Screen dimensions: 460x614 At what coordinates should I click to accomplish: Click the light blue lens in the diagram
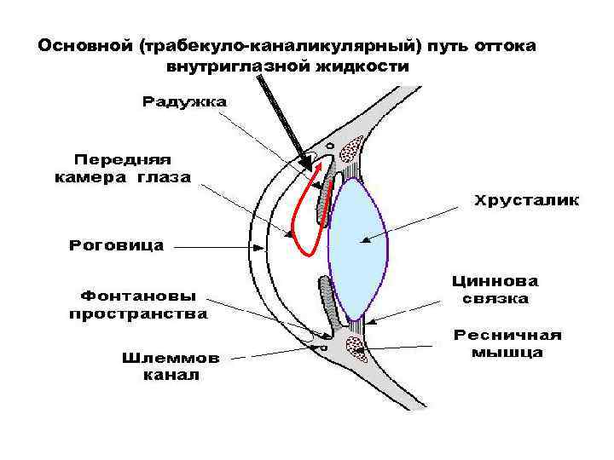tap(357, 250)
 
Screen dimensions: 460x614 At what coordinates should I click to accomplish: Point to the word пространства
tap(137, 313)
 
